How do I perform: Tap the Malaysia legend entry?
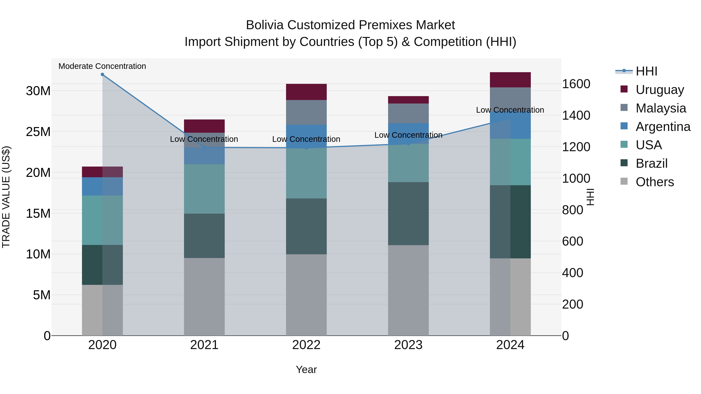pos(661,108)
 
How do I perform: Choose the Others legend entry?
pos(654,182)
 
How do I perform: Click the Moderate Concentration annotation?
pos(102,66)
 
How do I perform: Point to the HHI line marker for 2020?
pos(102,75)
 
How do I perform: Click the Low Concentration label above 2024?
pos(510,110)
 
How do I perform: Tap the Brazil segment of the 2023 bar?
pos(408,214)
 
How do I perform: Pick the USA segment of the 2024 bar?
pos(510,162)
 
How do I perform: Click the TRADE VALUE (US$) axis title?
pos(6,197)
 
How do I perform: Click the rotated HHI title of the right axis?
pos(590,197)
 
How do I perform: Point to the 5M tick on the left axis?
pos(42,295)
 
